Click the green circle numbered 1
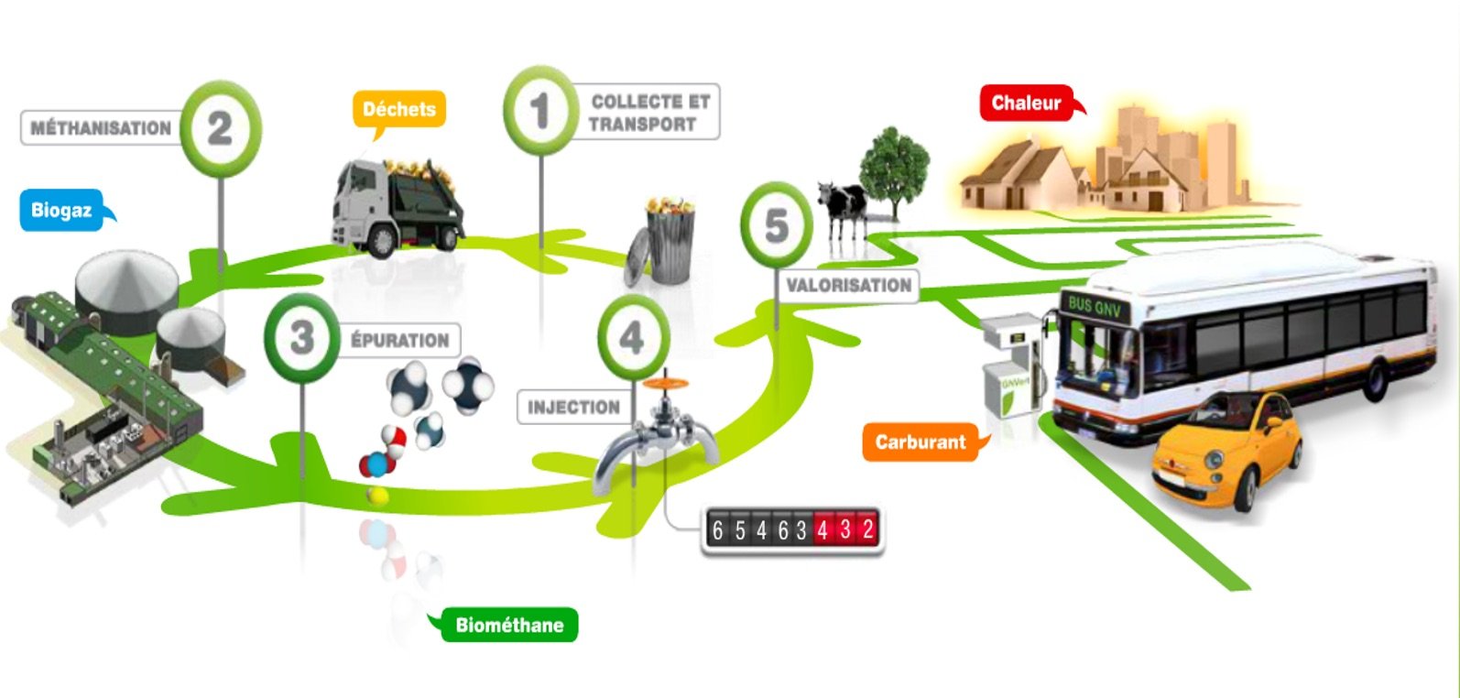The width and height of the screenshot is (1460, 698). (x=540, y=111)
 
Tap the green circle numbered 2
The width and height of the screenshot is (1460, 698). (x=220, y=128)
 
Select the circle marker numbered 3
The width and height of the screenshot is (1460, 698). (x=301, y=338)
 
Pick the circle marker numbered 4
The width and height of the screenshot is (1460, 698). (x=633, y=338)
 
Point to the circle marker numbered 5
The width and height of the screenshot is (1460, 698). (x=776, y=225)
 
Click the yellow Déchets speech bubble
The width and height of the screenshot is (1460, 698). (x=399, y=110)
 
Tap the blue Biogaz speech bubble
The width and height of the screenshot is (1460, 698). (x=62, y=211)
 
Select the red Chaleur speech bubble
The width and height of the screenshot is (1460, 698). (x=1027, y=103)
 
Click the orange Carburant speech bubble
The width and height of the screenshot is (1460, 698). (x=921, y=442)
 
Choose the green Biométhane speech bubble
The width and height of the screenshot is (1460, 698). (x=509, y=626)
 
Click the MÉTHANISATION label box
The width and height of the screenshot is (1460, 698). (x=101, y=128)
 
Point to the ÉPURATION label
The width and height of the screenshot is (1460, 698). (x=400, y=340)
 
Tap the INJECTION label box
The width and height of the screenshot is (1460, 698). (x=573, y=407)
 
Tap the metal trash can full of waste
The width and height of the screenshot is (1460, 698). (x=665, y=240)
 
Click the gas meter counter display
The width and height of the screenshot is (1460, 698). (x=793, y=529)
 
